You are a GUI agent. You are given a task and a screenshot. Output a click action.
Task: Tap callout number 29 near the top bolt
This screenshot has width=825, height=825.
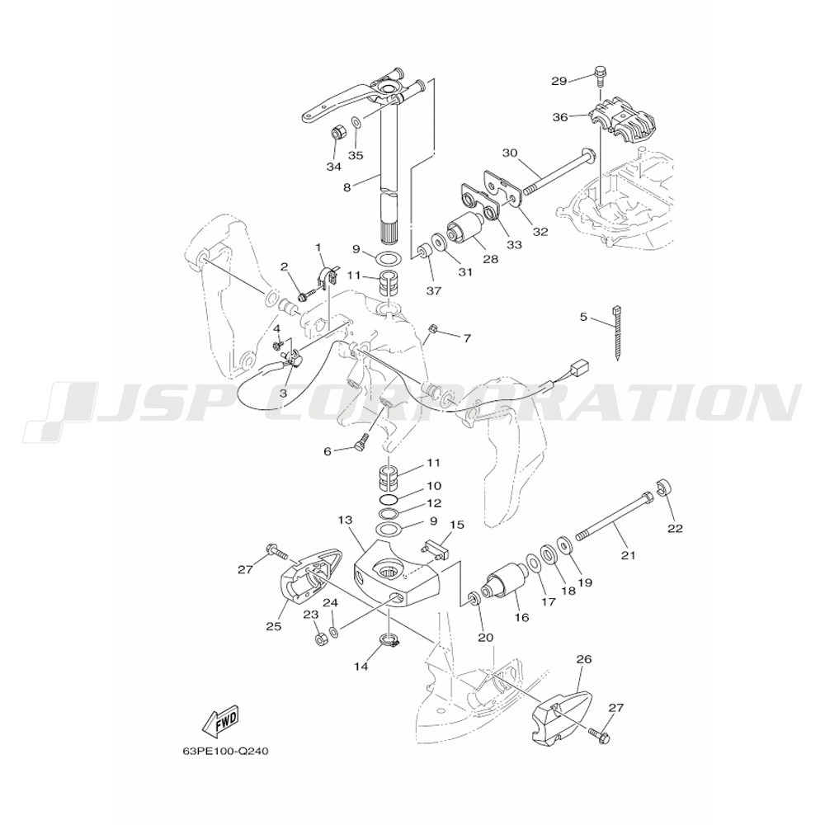tap(559, 81)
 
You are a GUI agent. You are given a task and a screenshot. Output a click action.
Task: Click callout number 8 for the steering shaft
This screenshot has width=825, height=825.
tap(346, 186)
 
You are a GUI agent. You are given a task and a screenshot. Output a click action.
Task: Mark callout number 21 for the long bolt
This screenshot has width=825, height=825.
tap(629, 554)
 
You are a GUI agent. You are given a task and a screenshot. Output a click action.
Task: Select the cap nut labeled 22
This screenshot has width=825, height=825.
tap(663, 487)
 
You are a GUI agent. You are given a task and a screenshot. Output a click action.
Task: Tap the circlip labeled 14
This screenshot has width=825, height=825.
tap(390, 642)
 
